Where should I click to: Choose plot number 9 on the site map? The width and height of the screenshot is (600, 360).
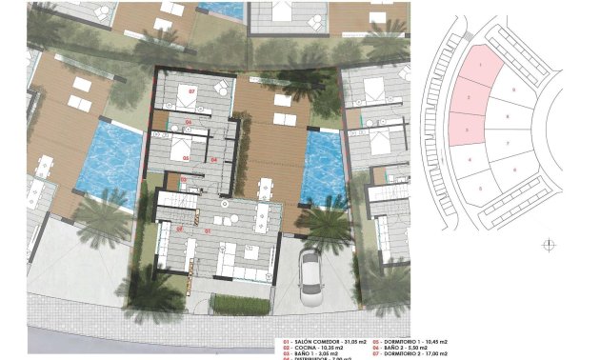(x=513, y=90)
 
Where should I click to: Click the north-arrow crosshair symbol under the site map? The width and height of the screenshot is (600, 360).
(x=548, y=245)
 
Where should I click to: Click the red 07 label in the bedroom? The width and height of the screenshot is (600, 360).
(x=191, y=91)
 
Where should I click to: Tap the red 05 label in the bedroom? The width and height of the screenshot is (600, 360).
(x=187, y=157)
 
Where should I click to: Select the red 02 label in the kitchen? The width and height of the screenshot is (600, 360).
(x=179, y=230)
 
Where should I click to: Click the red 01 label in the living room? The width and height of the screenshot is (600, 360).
(x=208, y=230)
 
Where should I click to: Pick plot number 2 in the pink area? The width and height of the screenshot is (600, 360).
(x=470, y=98)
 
